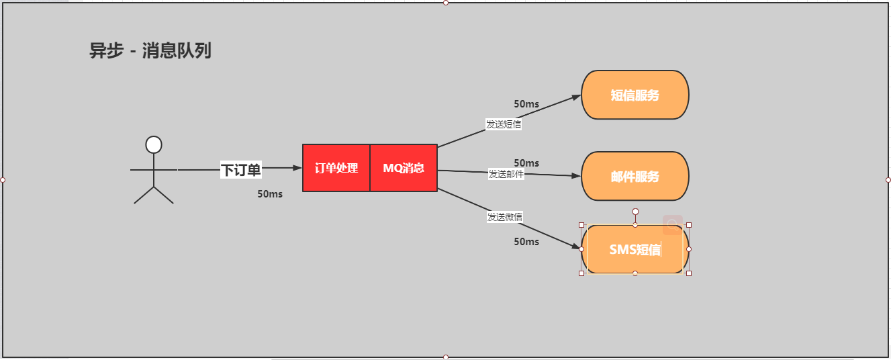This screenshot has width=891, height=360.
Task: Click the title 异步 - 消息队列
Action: click(x=150, y=51)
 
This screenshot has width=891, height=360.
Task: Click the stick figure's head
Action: click(x=154, y=144)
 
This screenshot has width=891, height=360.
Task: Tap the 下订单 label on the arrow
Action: click(x=241, y=170)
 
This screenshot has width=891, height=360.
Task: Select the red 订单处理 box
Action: click(x=336, y=168)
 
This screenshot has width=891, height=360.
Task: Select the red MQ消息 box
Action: click(x=404, y=168)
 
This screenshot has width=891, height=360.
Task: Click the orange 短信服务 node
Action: click(x=635, y=95)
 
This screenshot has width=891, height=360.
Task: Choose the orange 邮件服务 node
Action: click(x=635, y=177)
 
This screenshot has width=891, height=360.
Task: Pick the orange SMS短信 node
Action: click(x=635, y=250)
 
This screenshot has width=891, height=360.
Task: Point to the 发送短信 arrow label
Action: click(x=504, y=124)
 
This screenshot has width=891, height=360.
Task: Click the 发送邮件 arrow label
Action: click(x=506, y=174)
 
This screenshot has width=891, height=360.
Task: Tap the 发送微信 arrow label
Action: click(x=505, y=217)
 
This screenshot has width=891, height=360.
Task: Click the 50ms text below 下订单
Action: click(x=270, y=194)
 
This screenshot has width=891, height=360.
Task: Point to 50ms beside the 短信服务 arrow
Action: click(x=526, y=104)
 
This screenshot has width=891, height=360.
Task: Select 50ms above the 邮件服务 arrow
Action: click(x=526, y=163)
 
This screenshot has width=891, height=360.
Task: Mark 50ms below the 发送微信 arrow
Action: click(x=526, y=242)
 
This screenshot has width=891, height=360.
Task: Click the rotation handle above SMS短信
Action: click(x=635, y=212)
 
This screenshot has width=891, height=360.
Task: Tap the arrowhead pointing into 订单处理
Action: click(x=297, y=168)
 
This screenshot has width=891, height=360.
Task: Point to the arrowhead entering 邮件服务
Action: click(x=576, y=176)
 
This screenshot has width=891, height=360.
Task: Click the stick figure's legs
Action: click(x=154, y=194)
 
